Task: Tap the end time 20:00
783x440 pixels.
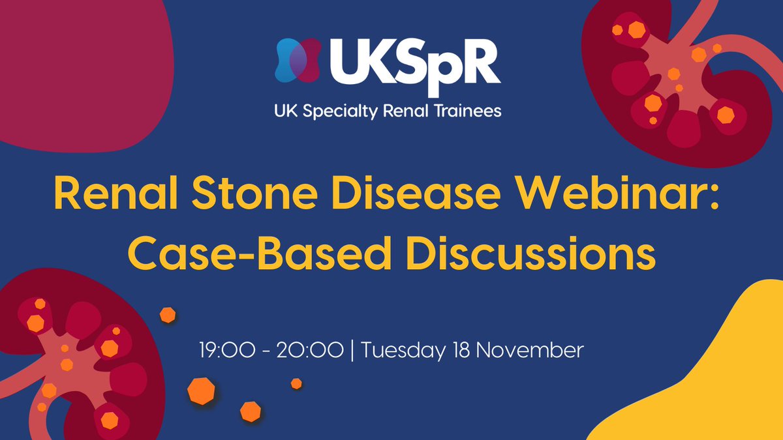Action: pyautogui.click(x=309, y=350)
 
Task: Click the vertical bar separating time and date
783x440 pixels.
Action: pyautogui.click(x=352, y=351)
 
